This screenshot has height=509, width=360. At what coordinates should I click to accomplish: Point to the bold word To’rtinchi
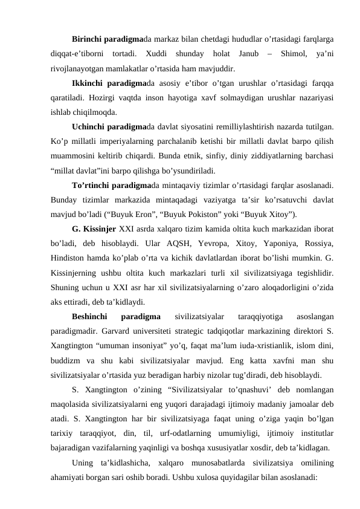click(x=92, y=184)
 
